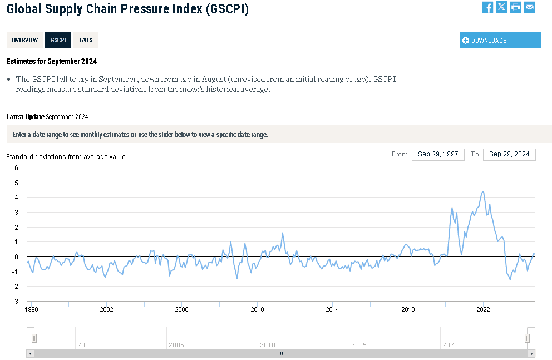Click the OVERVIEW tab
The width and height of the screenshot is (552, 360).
pyautogui.click(x=24, y=40)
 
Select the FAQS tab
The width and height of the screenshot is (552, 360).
pyautogui.click(x=86, y=40)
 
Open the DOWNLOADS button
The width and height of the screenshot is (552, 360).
pyautogui.click(x=500, y=40)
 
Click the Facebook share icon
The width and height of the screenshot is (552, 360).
pyautogui.click(x=487, y=7)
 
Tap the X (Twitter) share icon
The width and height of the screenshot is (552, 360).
pyautogui.click(x=501, y=7)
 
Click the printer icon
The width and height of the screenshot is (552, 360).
pyautogui.click(x=516, y=7)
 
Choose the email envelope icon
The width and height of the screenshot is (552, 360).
pyautogui.click(x=529, y=7)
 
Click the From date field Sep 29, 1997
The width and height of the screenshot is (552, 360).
pyautogui.click(x=438, y=154)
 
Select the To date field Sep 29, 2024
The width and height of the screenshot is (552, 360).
pyautogui.click(x=509, y=154)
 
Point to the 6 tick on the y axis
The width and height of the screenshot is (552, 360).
pyautogui.click(x=17, y=167)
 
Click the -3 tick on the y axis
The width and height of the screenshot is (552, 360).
pyautogui.click(x=15, y=302)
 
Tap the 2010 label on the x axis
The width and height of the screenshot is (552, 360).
pyautogui.click(x=257, y=309)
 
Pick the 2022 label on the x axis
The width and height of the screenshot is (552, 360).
pyautogui.click(x=482, y=309)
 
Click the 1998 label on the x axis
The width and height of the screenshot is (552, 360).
pyautogui.click(x=32, y=309)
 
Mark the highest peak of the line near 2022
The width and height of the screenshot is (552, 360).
pyautogui.click(x=483, y=191)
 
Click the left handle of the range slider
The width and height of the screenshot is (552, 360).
pyautogui.click(x=34, y=338)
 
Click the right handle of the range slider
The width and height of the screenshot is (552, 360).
pyautogui.click(x=527, y=338)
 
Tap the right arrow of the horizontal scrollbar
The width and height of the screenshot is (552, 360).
pyautogui.click(x=532, y=353)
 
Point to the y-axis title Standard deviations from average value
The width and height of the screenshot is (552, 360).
pyautogui.click(x=66, y=157)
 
